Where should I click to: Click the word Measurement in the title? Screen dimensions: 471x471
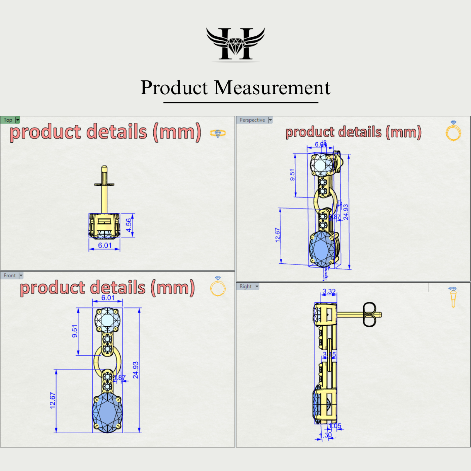[272, 88]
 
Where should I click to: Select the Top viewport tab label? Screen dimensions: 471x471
[8, 120]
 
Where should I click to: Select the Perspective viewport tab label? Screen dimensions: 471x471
[252, 120]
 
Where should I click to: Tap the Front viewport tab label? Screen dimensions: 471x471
[10, 276]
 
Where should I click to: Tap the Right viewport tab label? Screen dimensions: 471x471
[246, 286]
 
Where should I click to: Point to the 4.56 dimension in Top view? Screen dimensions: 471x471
[129, 225]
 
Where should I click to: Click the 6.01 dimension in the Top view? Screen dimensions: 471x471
[105, 245]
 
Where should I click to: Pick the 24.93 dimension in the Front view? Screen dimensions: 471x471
[136, 370]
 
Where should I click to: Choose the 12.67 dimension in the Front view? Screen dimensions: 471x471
[52, 400]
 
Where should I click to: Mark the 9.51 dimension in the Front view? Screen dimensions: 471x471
[75, 331]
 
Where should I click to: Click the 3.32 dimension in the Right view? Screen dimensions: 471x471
[329, 291]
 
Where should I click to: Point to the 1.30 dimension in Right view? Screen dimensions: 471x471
[326, 435]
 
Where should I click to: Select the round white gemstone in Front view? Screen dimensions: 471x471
[107, 319]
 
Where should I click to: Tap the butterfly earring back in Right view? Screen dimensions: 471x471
[369, 314]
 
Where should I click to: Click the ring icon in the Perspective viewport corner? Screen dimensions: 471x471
[453, 131]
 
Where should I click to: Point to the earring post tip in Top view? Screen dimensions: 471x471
[104, 168]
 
